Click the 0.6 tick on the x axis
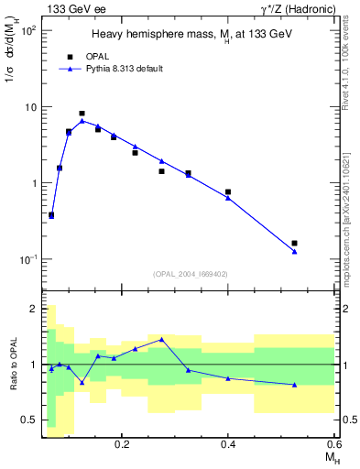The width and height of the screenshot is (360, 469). coord(333,443)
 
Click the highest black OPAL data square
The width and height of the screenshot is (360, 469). coord(82,114)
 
